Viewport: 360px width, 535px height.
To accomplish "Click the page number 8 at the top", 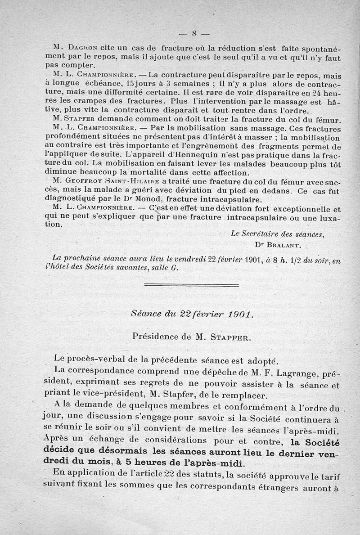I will coord(195,33).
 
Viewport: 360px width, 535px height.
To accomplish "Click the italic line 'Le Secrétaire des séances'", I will coord(276,234).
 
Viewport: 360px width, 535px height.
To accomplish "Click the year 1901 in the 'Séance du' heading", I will coord(237,314).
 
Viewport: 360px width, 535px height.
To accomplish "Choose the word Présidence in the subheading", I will coord(154,336).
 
